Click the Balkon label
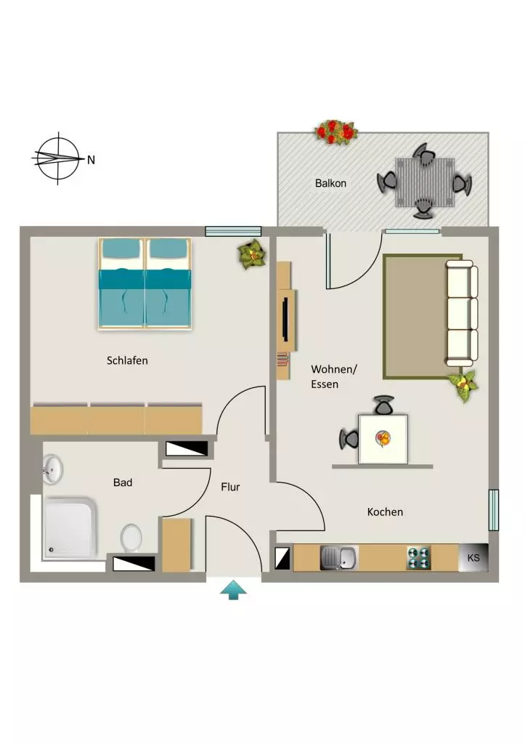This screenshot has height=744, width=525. point(330,183)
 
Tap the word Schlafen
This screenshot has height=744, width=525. point(127,360)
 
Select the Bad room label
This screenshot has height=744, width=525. point(123,482)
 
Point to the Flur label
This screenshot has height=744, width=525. point(230,487)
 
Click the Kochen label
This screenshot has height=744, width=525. point(385,512)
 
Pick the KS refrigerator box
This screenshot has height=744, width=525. point(473,557)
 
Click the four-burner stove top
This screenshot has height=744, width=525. point(419,558)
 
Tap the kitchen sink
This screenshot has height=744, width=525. point(338,557)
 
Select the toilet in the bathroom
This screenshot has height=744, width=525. point(131,538)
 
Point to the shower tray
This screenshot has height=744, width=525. point(70,527)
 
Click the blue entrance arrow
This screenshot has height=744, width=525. point(233,591)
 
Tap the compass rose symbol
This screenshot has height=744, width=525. point(58,158)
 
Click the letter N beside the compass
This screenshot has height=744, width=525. point(91,160)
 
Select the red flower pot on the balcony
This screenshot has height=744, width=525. point(335,132)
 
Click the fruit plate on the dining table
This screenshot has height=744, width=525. point(383,438)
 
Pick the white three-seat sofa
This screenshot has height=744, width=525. point(461,313)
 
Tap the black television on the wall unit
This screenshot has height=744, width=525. point(285,318)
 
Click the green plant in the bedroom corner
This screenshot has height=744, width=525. point(252,254)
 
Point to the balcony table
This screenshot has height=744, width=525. point(425,182)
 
